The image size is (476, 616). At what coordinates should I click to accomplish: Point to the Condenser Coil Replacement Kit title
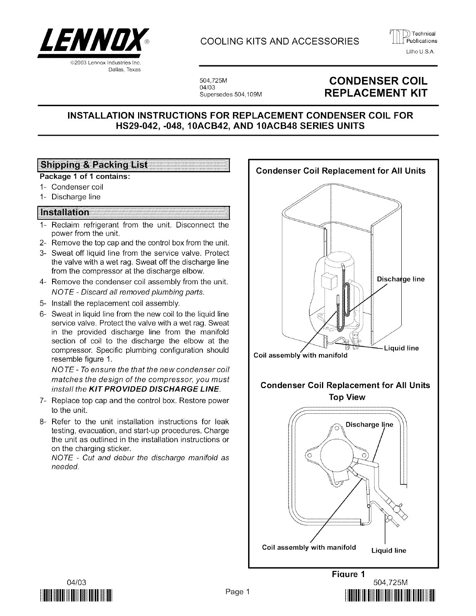(378, 87)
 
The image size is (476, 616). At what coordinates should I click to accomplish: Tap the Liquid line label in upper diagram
(401, 348)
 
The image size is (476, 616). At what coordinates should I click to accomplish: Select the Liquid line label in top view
(388, 550)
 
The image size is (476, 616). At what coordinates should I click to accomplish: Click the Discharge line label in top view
(369, 424)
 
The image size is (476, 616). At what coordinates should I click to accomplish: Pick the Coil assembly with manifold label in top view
(309, 548)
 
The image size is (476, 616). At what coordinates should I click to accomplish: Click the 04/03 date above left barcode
(76, 582)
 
